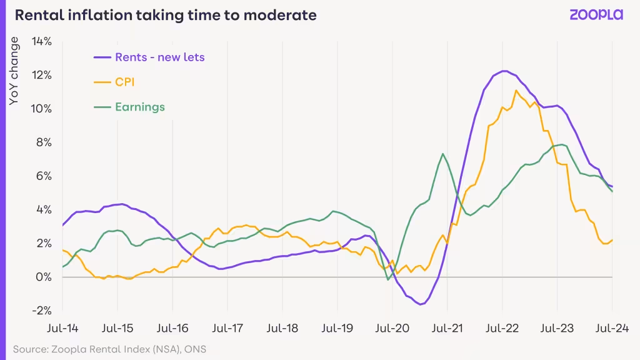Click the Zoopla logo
596,15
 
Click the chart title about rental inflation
166,15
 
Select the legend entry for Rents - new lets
149,57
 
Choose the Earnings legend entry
129,107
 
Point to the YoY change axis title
14,71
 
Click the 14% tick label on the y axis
41,41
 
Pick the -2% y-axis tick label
42,311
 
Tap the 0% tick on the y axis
44,277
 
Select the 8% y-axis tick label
44,142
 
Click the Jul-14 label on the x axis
62,328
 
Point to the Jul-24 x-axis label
612,328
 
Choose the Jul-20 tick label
392,328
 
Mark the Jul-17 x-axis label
227,328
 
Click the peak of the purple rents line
504,71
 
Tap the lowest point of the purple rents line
421,304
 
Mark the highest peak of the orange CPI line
516,91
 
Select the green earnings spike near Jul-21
442,154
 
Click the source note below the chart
109,349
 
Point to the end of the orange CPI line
612,241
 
